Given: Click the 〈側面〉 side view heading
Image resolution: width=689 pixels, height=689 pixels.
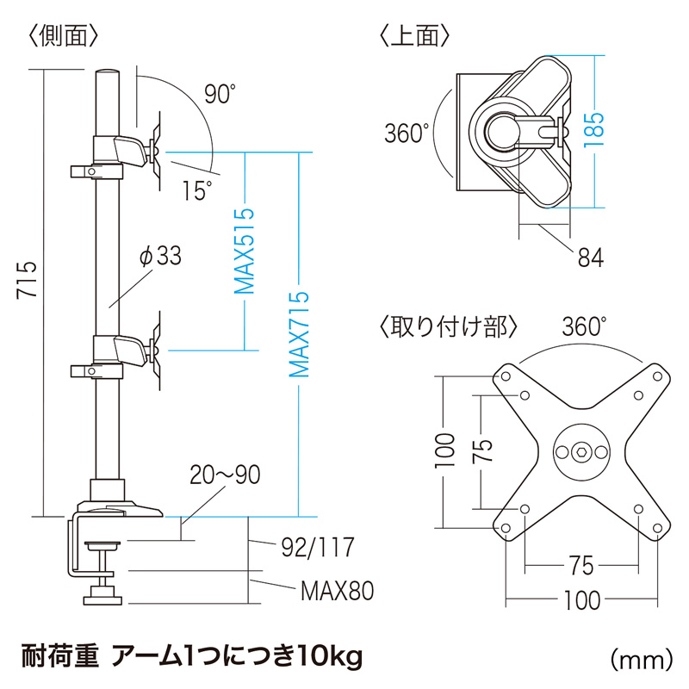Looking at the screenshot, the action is click(x=62, y=35).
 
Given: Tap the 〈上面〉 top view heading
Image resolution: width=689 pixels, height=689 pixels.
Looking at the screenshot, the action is click(x=414, y=35).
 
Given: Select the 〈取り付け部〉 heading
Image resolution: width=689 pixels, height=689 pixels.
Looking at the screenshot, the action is click(x=448, y=327).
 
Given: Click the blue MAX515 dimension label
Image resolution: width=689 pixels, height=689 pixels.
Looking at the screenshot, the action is click(x=245, y=251).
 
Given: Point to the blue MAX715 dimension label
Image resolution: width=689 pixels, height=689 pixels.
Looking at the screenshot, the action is click(x=299, y=334).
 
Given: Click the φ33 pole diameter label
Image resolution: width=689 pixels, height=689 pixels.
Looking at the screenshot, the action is click(x=160, y=256).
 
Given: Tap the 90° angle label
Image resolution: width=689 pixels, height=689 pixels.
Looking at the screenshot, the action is click(x=220, y=94).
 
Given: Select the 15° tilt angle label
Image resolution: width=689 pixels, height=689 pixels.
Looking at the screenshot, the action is click(x=197, y=190).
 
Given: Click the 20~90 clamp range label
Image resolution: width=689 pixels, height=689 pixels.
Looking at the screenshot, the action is click(x=225, y=475).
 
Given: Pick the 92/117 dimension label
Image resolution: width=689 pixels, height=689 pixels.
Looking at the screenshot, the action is click(x=318, y=547).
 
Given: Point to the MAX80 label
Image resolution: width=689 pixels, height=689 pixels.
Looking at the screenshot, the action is click(x=337, y=591).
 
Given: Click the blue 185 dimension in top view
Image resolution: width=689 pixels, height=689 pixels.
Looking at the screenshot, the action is click(x=594, y=130).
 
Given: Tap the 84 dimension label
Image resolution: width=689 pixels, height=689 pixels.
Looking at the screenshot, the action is click(x=591, y=258).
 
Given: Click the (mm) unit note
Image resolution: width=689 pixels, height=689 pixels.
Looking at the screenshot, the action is click(x=641, y=660).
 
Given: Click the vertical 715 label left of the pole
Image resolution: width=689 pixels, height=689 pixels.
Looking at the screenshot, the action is click(x=27, y=281).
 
